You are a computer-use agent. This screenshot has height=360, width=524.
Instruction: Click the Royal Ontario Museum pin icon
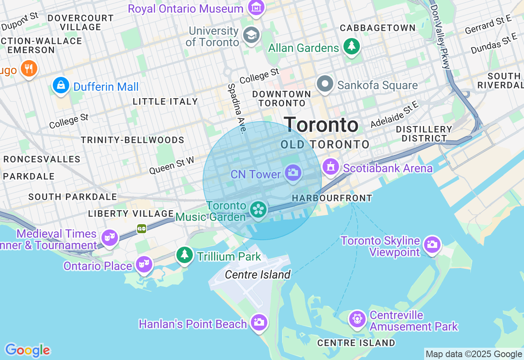(256, 8)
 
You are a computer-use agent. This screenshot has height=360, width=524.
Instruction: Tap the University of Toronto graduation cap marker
(251, 35)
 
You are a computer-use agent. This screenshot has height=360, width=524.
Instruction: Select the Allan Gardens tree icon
(351, 46)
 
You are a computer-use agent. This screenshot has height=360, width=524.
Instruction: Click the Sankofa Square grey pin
(325, 84)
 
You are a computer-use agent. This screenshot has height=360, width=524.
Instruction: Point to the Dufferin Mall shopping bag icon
(61, 85)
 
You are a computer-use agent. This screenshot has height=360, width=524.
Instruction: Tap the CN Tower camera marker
(293, 173)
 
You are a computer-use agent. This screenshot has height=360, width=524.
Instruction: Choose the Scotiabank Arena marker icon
(331, 166)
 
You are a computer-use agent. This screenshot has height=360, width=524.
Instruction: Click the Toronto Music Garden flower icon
(259, 209)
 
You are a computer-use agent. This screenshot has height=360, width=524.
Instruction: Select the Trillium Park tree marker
(185, 255)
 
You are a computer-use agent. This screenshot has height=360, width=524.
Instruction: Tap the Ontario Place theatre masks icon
(145, 264)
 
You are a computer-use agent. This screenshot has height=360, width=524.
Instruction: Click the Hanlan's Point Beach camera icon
(259, 322)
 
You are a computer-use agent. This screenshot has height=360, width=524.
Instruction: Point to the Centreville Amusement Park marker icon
(357, 319)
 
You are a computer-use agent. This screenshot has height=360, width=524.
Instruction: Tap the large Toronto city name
(321, 125)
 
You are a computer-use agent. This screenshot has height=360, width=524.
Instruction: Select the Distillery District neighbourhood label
(424, 134)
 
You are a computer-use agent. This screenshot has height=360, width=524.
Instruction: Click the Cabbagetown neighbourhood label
(377, 28)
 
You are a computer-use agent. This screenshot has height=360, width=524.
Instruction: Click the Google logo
(27, 351)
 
